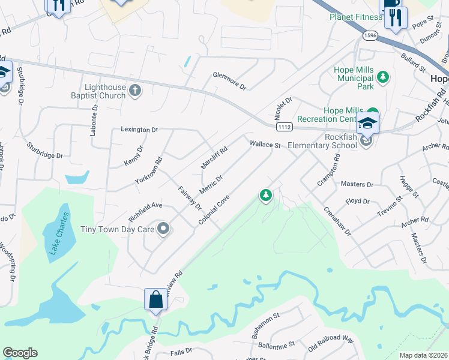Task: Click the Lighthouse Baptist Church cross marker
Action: [136, 91]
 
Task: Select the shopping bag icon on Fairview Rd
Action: [155, 299]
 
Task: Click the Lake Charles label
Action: [59, 233]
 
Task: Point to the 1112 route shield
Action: [285, 127]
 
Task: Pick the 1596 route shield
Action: [370, 35]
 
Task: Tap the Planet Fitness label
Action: [356, 17]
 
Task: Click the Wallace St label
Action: [265, 145]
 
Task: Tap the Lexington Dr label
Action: [139, 129]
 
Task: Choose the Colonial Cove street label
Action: [215, 209]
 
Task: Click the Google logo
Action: [20, 353]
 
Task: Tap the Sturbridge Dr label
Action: [46, 150]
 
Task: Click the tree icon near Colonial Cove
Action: [265, 194]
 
